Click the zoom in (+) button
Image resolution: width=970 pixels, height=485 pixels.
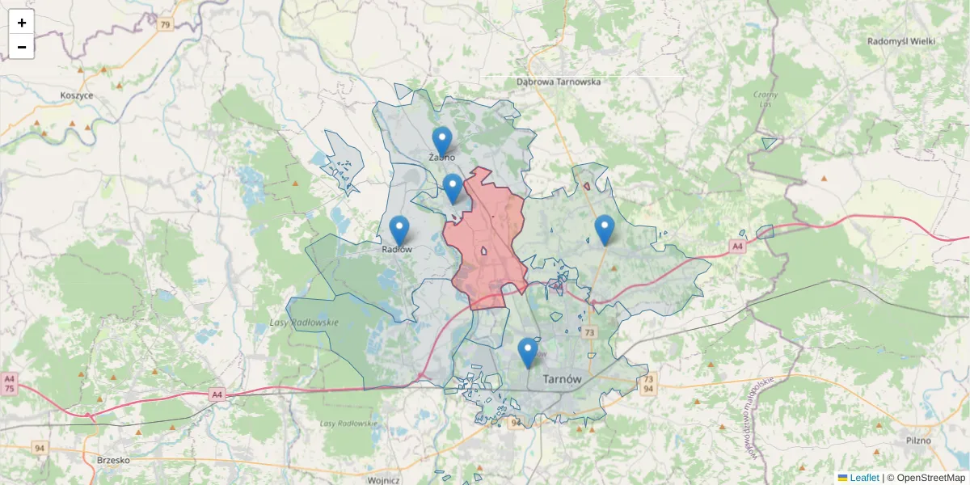tap(22, 23)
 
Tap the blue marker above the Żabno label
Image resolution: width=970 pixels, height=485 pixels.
tap(441, 141)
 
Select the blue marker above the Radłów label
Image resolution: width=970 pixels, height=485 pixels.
tap(399, 230)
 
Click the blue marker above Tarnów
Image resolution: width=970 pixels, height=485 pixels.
tap(528, 352)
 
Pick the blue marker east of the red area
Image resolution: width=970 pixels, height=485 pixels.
tap(605, 229)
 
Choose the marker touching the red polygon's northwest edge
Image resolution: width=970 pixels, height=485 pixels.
tap(453, 188)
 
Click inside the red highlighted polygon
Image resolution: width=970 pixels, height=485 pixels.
tap(489, 242)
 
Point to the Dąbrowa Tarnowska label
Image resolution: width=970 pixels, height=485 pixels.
tap(559, 82)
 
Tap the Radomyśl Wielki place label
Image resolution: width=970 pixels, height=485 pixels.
tap(900, 40)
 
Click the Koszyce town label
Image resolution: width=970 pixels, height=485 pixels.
tap(77, 95)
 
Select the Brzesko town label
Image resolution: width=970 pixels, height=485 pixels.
tap(113, 460)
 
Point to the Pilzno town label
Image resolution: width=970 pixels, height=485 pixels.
tap(918, 441)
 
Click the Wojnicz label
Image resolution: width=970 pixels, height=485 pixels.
tap(383, 479)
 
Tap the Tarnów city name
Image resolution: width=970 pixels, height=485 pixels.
tap(563, 379)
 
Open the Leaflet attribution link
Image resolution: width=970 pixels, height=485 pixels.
tap(864, 478)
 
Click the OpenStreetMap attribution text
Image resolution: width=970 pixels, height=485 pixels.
tap(930, 478)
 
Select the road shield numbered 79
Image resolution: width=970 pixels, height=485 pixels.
tap(165, 25)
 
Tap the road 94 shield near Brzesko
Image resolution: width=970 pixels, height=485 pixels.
tap(40, 447)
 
